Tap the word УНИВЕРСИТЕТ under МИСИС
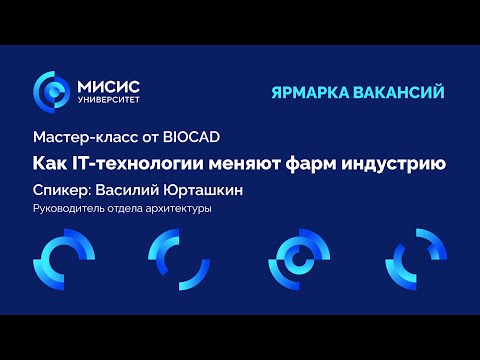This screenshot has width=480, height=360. [x=108, y=101]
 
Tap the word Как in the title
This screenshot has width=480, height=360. [x=50, y=161]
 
